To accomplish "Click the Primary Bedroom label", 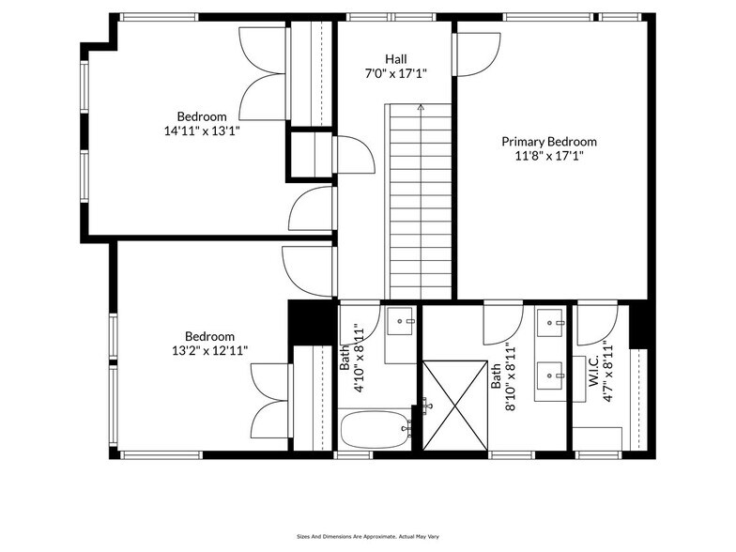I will tap(548, 142).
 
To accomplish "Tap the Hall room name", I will tap(394, 58).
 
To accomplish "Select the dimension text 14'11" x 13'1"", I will tap(202, 131).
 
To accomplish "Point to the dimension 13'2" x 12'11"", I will tap(209, 351).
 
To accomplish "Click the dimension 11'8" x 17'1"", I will tap(548, 156).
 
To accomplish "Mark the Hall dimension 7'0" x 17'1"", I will tap(394, 72).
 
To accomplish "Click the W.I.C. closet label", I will tap(593, 374).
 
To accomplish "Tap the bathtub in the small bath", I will tap(375, 430).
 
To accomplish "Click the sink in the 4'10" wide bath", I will tap(401, 322).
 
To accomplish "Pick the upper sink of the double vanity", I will tap(550, 323).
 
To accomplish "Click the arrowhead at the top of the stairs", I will tap(421, 108).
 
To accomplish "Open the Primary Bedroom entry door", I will tap(476, 54).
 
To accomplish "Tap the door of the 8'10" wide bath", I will tap(503, 325).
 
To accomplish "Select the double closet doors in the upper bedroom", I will tap(264, 73).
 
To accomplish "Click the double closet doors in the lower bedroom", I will tap(272, 400).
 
